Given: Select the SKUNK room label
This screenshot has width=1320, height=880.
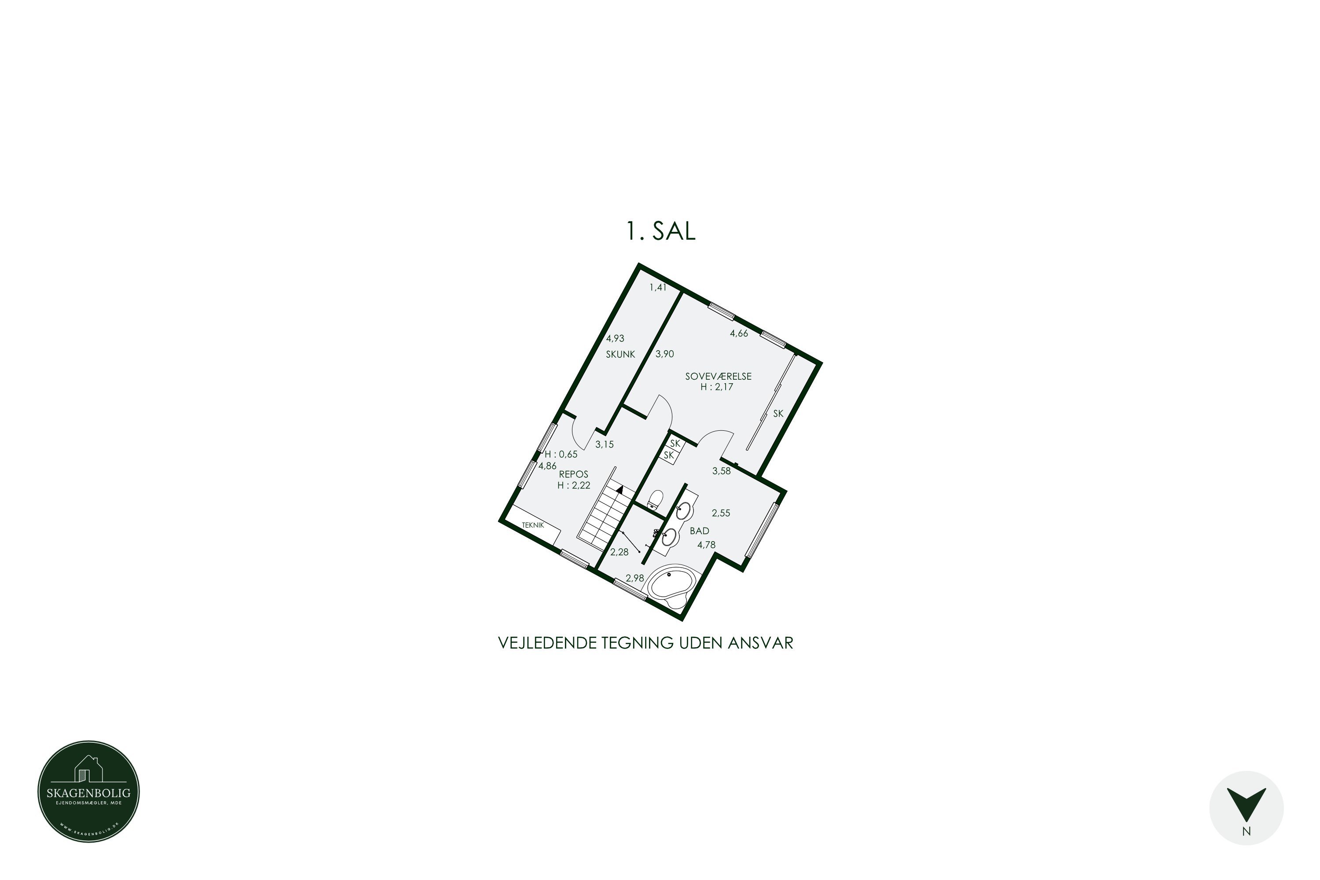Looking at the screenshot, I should (620, 355).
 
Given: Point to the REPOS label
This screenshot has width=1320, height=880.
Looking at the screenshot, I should (574, 475).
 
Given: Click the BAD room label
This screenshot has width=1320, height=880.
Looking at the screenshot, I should (699, 531).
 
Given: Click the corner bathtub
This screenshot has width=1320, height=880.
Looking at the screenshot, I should (672, 585).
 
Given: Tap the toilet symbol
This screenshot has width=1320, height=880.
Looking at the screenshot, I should (655, 499).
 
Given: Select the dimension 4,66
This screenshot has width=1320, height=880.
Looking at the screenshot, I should (739, 334).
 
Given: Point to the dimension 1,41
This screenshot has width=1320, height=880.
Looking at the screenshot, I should (658, 287).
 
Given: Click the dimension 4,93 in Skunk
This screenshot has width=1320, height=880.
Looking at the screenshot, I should (615, 338).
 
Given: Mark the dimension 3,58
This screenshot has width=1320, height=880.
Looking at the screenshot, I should (721, 471).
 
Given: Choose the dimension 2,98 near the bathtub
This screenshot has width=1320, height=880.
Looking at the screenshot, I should (635, 578).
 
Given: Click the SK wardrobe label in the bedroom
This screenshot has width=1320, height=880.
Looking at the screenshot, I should (778, 414).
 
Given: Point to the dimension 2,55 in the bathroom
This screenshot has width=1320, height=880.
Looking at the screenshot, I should (721, 513).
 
